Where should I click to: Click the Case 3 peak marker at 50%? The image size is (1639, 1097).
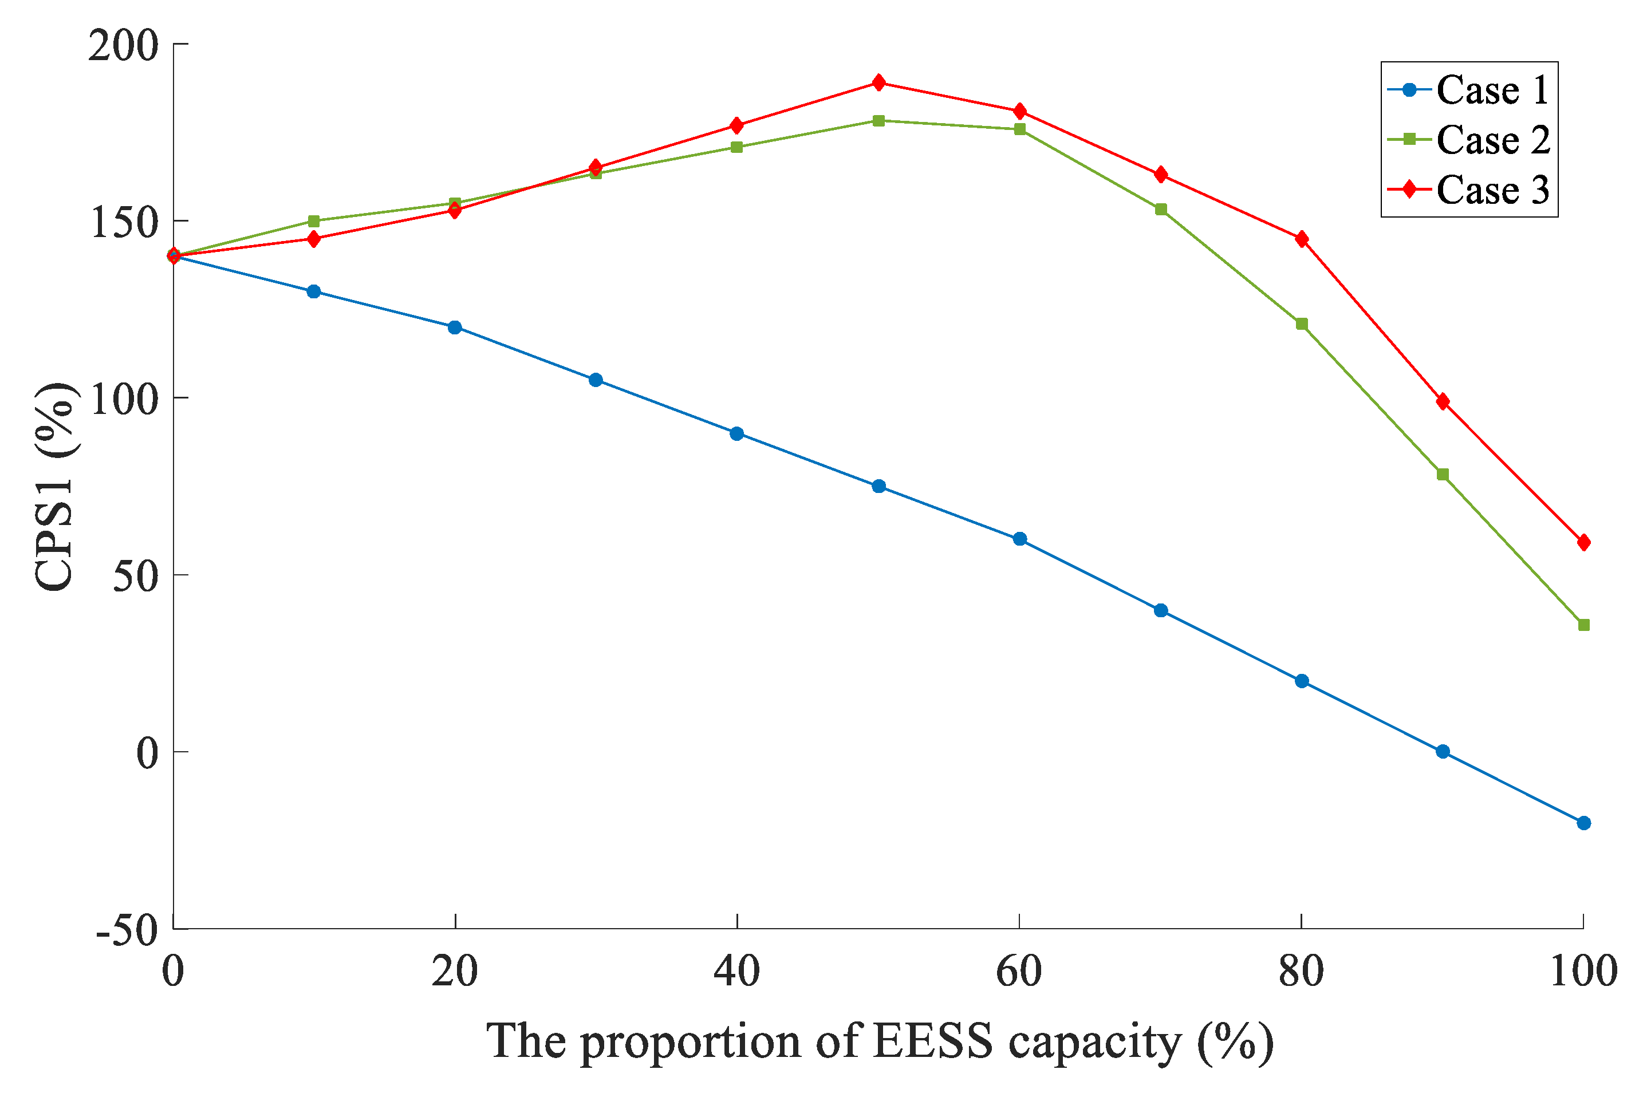click(878, 82)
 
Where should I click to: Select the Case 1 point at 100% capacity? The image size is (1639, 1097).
click(1583, 823)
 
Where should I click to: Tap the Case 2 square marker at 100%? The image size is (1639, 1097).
click(1583, 625)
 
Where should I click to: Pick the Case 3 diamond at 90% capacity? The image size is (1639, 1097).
click(1443, 401)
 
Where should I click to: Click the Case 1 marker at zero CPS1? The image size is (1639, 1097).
click(1443, 751)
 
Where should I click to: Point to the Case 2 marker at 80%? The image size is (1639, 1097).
click(1302, 324)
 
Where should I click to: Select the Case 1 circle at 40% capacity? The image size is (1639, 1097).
click(737, 434)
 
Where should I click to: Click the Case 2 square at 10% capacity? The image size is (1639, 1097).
click(313, 221)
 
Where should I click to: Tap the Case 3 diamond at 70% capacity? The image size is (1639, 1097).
click(1161, 174)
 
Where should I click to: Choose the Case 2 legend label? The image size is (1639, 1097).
click(1493, 140)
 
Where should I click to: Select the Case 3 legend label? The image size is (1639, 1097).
click(1493, 190)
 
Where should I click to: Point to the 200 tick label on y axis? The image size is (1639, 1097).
click(123, 46)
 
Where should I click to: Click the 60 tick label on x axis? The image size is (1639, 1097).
click(1019, 972)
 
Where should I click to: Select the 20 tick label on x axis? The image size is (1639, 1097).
click(455, 972)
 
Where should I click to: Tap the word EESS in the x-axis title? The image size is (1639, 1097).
click(933, 1041)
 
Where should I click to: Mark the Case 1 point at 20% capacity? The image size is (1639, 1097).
click(455, 327)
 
